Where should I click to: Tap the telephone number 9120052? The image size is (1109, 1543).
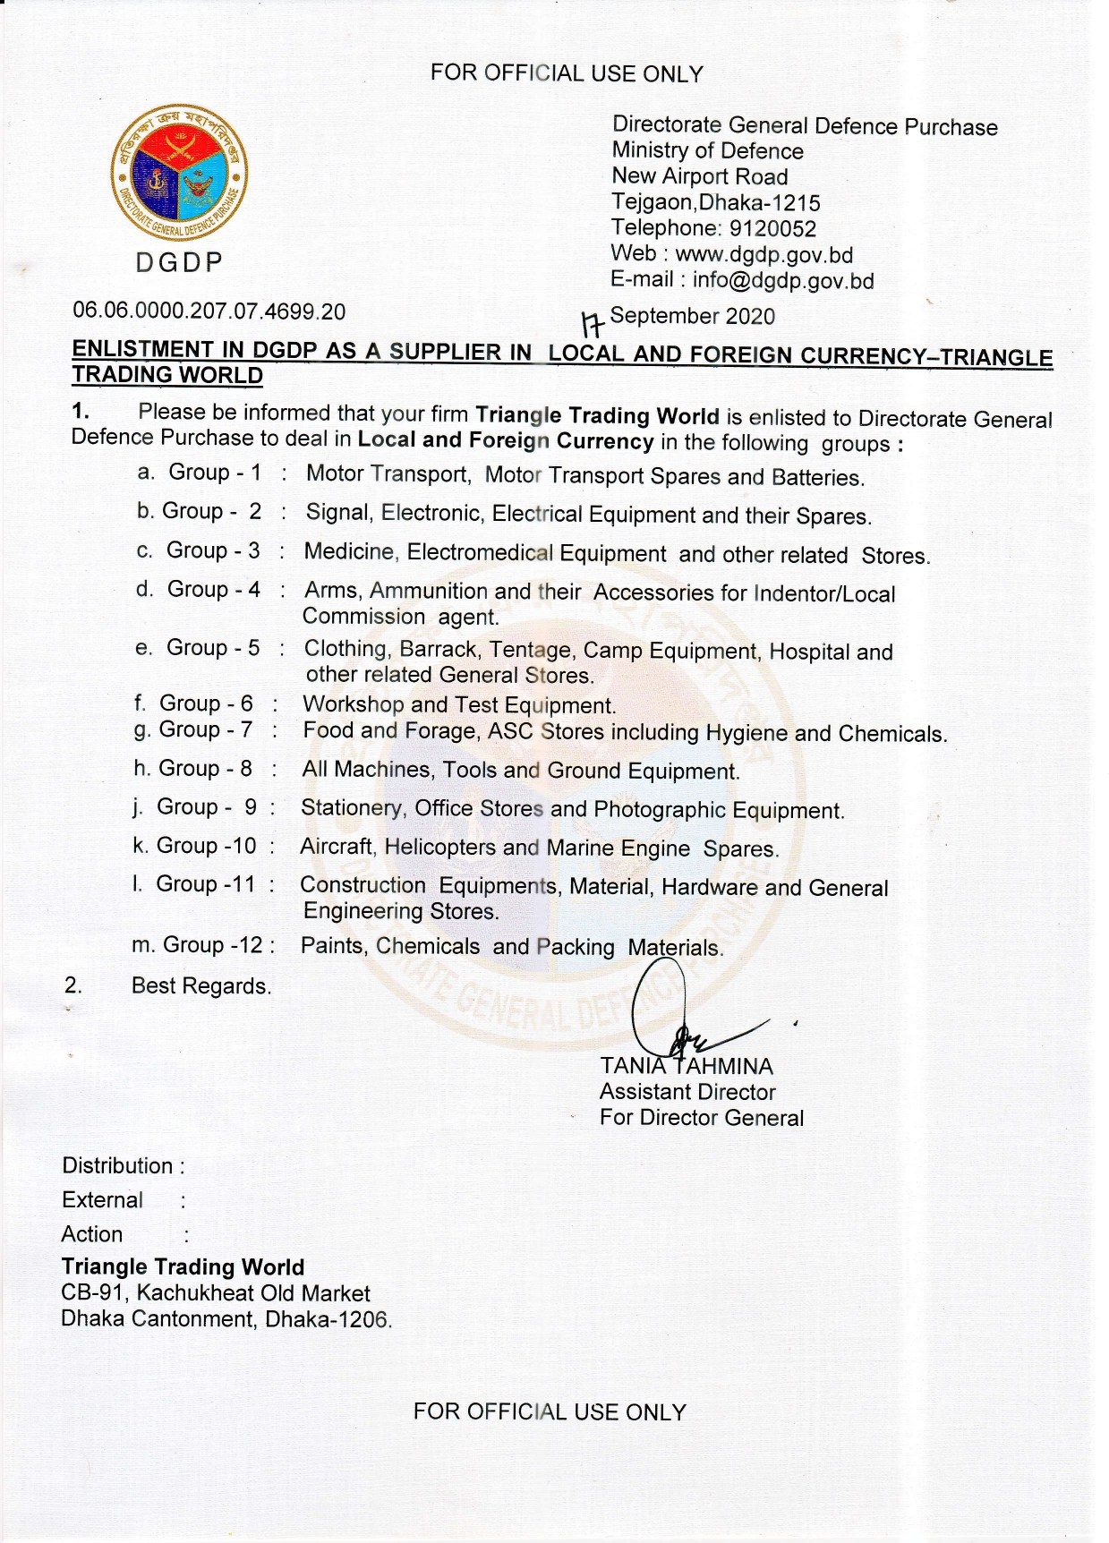pyautogui.click(x=772, y=228)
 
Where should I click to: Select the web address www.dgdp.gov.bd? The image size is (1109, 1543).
pyautogui.click(x=764, y=255)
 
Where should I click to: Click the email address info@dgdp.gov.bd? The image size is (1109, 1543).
pyautogui.click(x=782, y=281)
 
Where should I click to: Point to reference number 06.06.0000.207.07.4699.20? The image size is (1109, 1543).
pyautogui.click(x=209, y=311)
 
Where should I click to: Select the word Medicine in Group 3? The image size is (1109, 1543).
pyautogui.click(x=350, y=552)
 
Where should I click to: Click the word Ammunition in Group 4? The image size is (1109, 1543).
pyautogui.click(x=429, y=592)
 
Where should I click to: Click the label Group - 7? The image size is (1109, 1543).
pyautogui.click(x=206, y=730)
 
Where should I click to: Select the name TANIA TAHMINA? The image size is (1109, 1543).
pyautogui.click(x=686, y=1067)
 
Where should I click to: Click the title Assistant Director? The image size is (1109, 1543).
pyautogui.click(x=687, y=1092)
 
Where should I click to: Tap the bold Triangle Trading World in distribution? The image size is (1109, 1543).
pyautogui.click(x=183, y=1267)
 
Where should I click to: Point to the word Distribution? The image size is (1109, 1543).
pyautogui.click(x=117, y=1166)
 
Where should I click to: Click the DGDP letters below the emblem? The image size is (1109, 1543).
pyautogui.click(x=179, y=263)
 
